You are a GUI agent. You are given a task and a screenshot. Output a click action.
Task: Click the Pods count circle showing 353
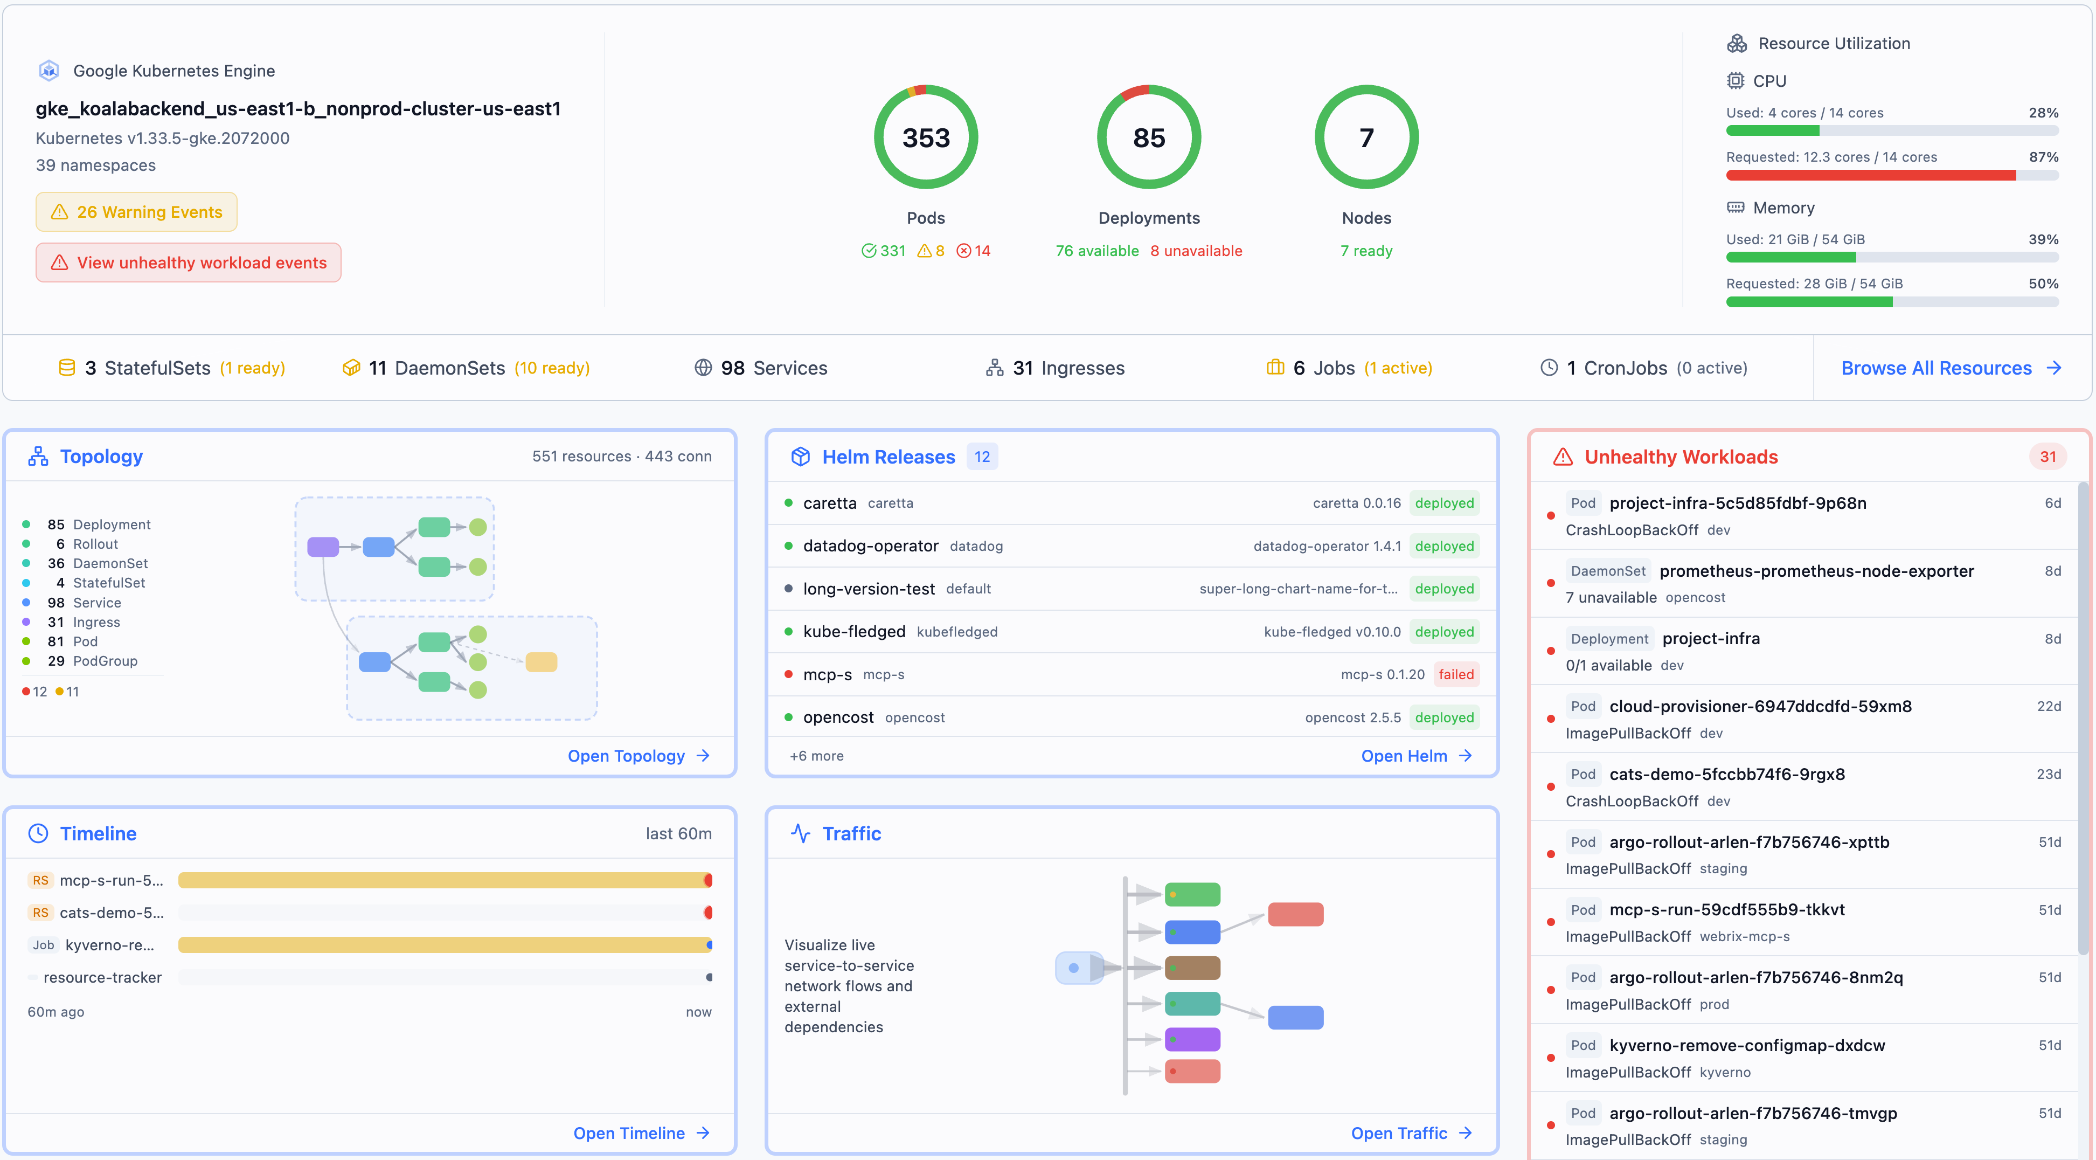[926, 137]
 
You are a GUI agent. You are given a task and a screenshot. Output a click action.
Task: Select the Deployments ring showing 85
[1149, 137]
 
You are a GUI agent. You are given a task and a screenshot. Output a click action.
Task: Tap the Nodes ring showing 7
[1366, 137]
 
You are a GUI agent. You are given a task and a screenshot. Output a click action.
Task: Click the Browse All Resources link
[1949, 368]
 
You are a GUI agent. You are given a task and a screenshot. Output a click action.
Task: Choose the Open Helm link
[1416, 756]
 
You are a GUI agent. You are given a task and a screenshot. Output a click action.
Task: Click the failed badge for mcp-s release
[1456, 674]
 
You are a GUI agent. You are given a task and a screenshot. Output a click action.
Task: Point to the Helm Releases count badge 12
[982, 457]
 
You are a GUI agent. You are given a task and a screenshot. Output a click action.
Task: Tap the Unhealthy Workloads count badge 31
[2047, 457]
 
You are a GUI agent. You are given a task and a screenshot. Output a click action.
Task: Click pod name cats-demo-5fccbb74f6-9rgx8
[1726, 774]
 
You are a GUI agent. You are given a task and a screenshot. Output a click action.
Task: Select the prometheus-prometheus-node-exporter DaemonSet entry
[1816, 571]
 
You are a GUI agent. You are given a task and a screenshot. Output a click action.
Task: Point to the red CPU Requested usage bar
[1871, 175]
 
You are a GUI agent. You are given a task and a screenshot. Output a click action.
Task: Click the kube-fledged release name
[853, 632]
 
